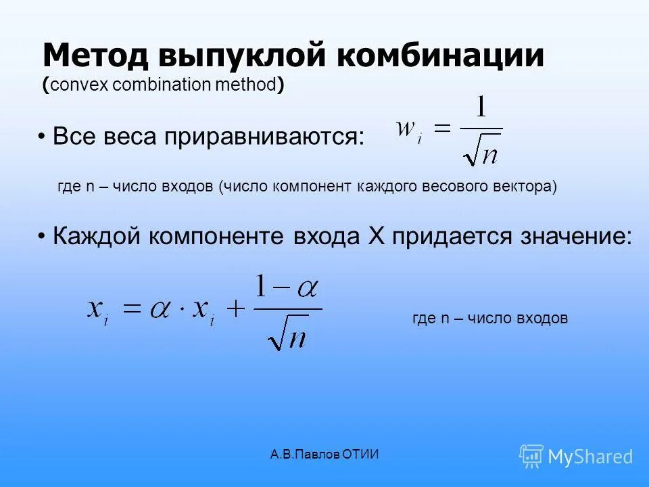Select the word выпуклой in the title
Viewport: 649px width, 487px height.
coord(240,55)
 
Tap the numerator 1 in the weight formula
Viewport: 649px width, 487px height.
coord(481,109)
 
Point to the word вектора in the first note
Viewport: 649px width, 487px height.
coord(529,187)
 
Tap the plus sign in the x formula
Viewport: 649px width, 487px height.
coord(235,310)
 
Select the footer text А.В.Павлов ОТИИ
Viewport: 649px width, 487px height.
coord(324,455)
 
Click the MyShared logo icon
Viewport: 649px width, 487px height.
coord(531,455)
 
